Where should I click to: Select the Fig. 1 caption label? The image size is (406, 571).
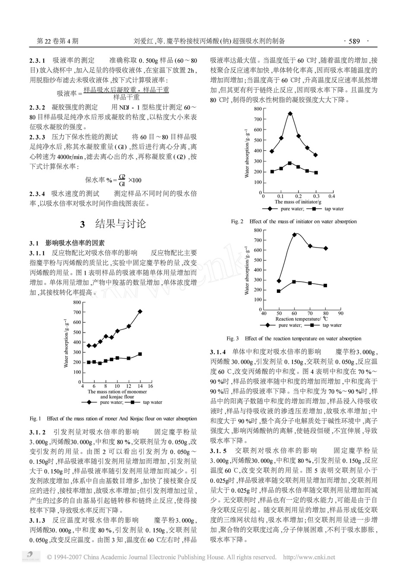click(x=35, y=419)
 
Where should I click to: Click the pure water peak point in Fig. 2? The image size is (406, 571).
click(x=290, y=114)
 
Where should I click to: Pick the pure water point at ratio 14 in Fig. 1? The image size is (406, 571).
click(x=140, y=311)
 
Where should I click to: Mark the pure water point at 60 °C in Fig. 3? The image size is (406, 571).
click(x=294, y=235)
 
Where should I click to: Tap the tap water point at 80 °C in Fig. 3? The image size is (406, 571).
click(x=325, y=285)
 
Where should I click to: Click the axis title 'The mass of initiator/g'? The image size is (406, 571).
click(x=298, y=202)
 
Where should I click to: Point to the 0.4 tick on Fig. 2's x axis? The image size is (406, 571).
click(x=331, y=196)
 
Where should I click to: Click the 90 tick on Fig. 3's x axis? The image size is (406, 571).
click(x=340, y=313)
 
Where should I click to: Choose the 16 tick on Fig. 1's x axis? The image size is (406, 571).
click(x=151, y=386)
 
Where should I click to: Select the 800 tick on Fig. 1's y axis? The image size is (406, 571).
click(x=76, y=302)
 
